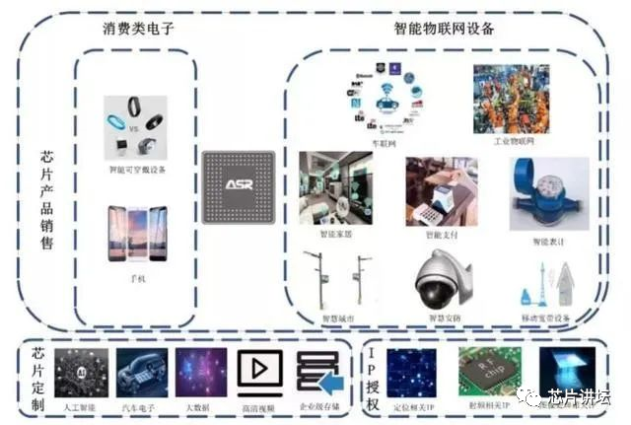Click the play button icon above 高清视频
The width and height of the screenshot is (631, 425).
[259, 370]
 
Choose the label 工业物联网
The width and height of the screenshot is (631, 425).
[513, 142]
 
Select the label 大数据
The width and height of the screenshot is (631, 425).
[200, 405]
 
